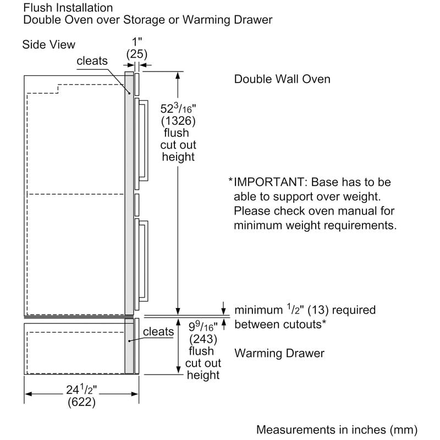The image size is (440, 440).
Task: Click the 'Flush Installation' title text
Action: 68,8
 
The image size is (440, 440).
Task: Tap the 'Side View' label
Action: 48,45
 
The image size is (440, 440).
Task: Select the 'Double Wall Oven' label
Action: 282,79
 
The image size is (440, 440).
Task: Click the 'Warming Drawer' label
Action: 279,353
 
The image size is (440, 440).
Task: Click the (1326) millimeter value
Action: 178,121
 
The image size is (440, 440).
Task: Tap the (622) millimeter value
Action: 82,403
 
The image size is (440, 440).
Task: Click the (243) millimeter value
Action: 203,338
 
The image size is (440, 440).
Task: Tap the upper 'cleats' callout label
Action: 92,61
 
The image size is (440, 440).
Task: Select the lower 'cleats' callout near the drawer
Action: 158,332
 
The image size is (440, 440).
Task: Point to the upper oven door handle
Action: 144,141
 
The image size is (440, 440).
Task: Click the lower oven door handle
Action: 144,260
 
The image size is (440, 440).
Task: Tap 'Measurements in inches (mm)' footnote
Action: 337,429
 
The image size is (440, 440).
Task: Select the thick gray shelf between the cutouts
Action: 77,317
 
